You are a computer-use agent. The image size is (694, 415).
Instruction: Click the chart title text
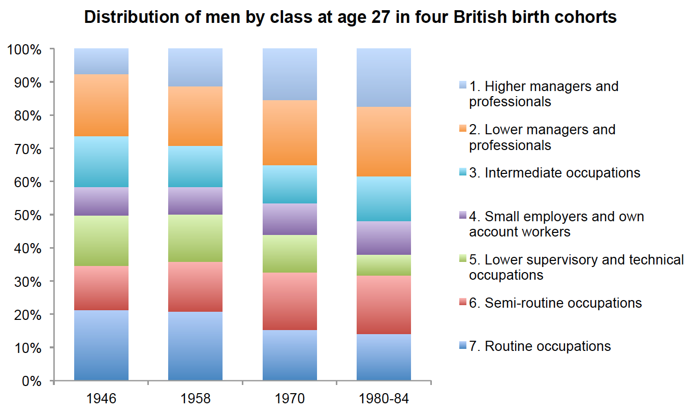350,17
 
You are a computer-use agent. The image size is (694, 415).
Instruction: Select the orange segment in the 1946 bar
101,105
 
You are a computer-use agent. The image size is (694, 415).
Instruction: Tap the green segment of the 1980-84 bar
384,265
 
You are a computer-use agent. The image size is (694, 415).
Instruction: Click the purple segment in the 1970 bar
290,219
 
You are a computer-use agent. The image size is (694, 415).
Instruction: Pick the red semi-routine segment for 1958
195,287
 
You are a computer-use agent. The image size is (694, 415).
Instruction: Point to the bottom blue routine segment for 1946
101,345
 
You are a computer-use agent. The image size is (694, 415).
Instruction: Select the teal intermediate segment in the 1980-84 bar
384,199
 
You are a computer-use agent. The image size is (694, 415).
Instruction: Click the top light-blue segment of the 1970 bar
290,74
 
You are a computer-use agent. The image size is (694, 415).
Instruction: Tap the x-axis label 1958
195,398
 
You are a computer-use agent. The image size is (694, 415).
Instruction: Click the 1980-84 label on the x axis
384,398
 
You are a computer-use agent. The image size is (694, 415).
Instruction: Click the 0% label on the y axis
30,381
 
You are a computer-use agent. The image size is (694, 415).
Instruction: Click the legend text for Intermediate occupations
562,172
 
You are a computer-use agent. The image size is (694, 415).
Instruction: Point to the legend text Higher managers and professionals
544,94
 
